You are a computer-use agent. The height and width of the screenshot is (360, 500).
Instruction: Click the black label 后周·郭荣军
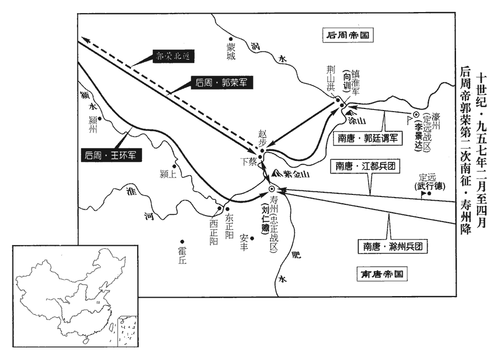point(220,82)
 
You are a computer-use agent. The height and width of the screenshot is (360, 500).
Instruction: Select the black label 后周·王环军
point(112,155)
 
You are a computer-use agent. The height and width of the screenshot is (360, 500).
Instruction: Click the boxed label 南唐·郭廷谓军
point(368,139)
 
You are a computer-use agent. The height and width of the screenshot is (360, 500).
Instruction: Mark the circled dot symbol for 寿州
point(271,189)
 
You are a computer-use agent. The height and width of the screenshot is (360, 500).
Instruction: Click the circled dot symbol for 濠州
point(416,115)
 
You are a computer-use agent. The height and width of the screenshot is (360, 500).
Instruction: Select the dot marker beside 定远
point(429,193)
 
